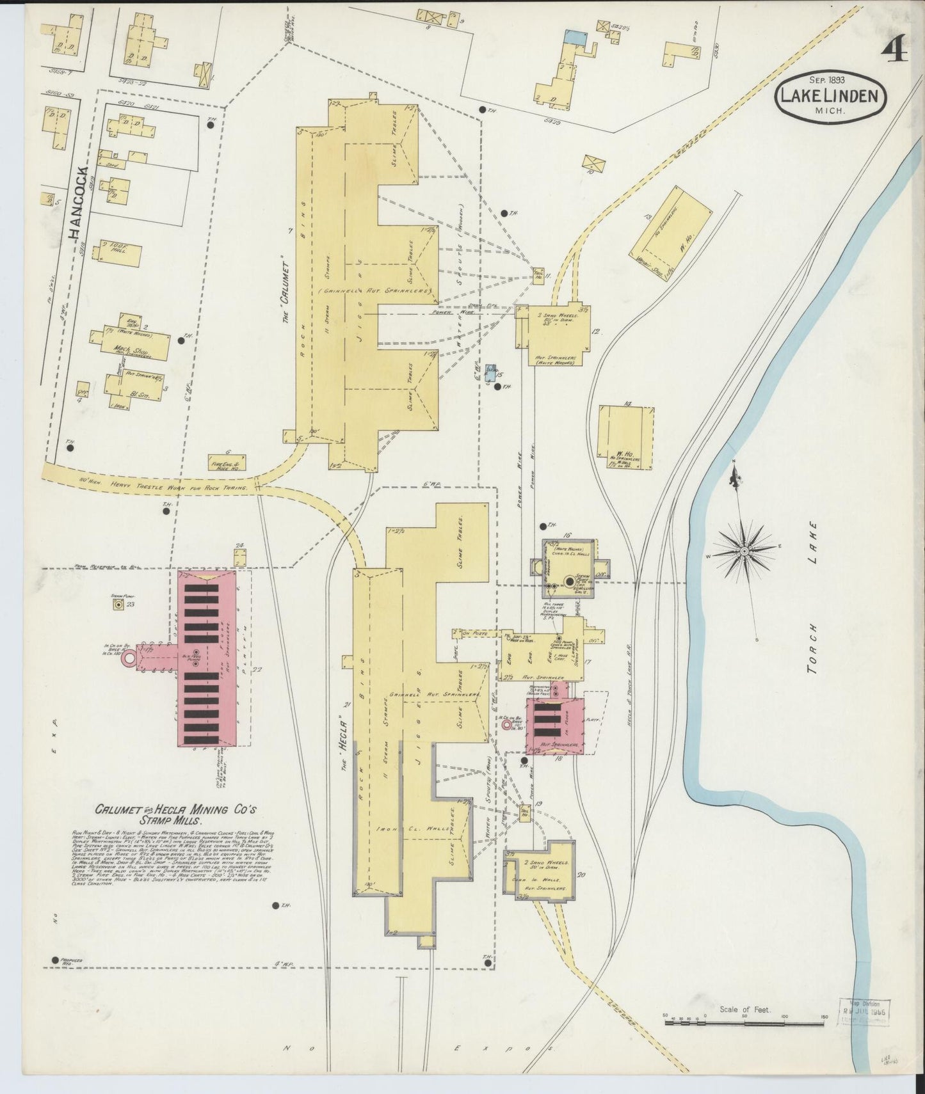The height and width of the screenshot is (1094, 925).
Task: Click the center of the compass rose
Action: [x=744, y=550]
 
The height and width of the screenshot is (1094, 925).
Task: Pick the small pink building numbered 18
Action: [x=554, y=725]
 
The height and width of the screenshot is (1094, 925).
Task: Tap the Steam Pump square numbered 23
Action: [x=118, y=604]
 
